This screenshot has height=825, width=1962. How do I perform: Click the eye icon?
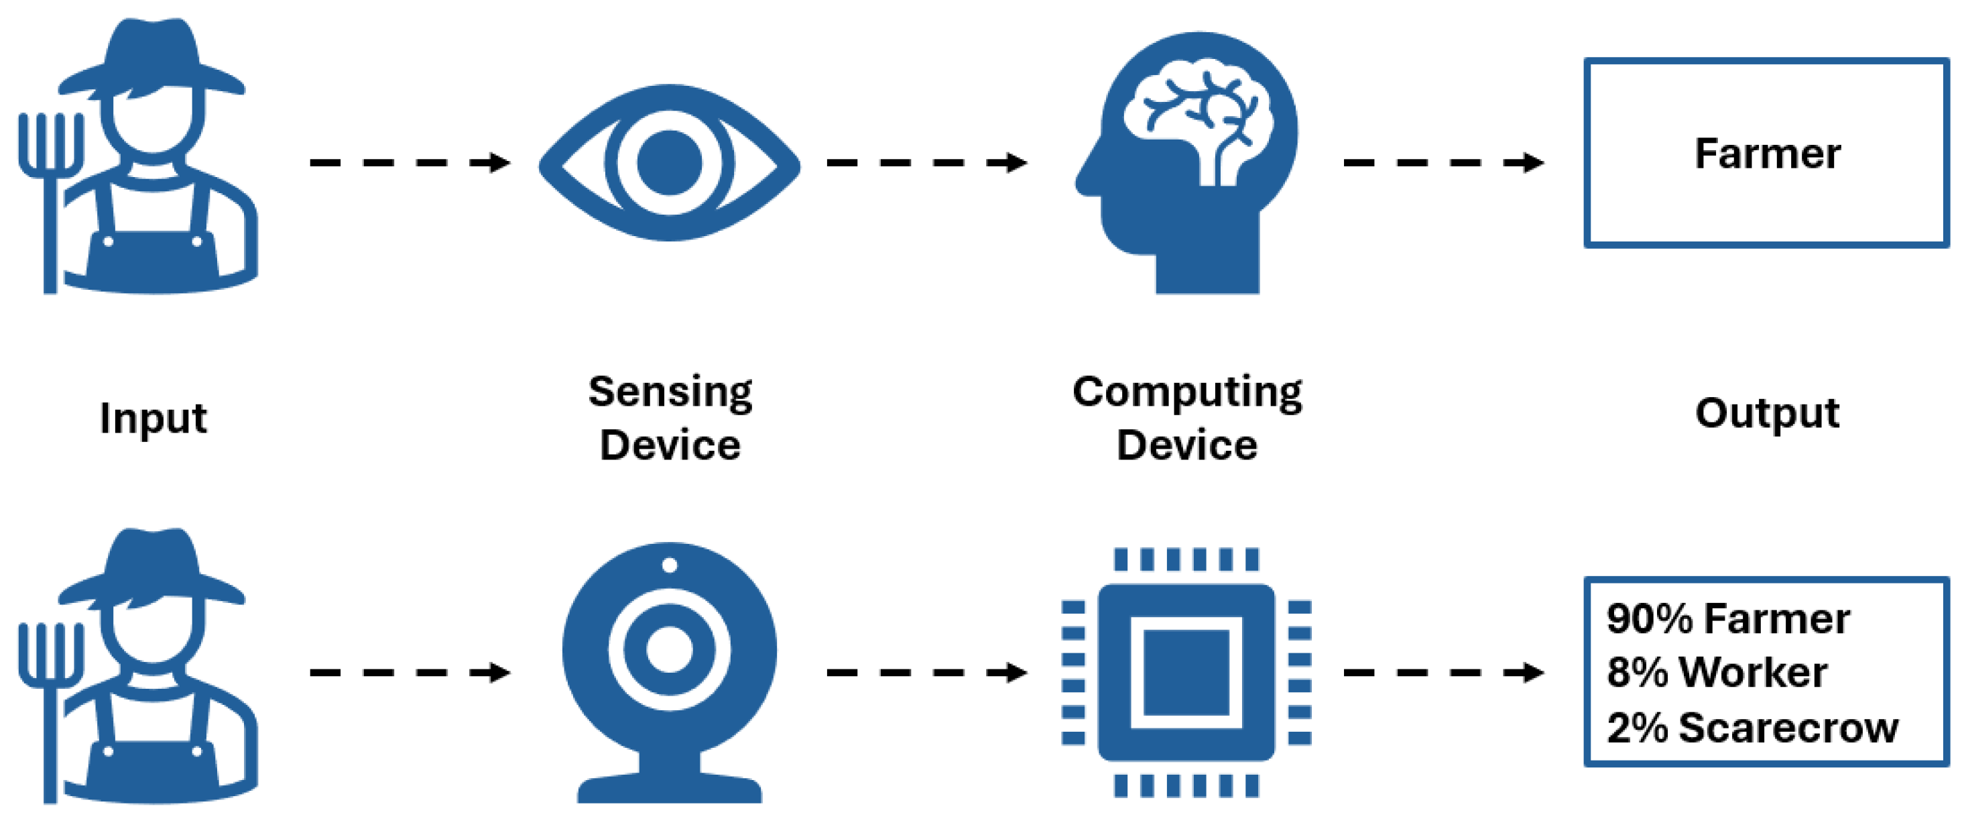point(669,163)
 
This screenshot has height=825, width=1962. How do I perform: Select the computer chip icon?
point(1186,672)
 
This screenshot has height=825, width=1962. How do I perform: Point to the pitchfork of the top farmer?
point(50,190)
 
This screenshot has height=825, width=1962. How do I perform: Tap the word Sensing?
point(670,392)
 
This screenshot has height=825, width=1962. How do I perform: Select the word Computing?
point(1186,392)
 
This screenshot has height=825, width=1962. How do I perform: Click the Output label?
point(1766,414)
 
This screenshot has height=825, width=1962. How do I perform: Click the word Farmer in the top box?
point(1767,154)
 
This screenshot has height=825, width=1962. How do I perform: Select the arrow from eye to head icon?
point(926,162)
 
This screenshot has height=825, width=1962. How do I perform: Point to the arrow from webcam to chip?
point(926,672)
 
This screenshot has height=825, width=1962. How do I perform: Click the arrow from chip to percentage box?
point(1443,672)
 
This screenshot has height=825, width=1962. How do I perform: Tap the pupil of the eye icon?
point(669,163)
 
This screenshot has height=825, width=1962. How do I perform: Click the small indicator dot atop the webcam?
point(670,565)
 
